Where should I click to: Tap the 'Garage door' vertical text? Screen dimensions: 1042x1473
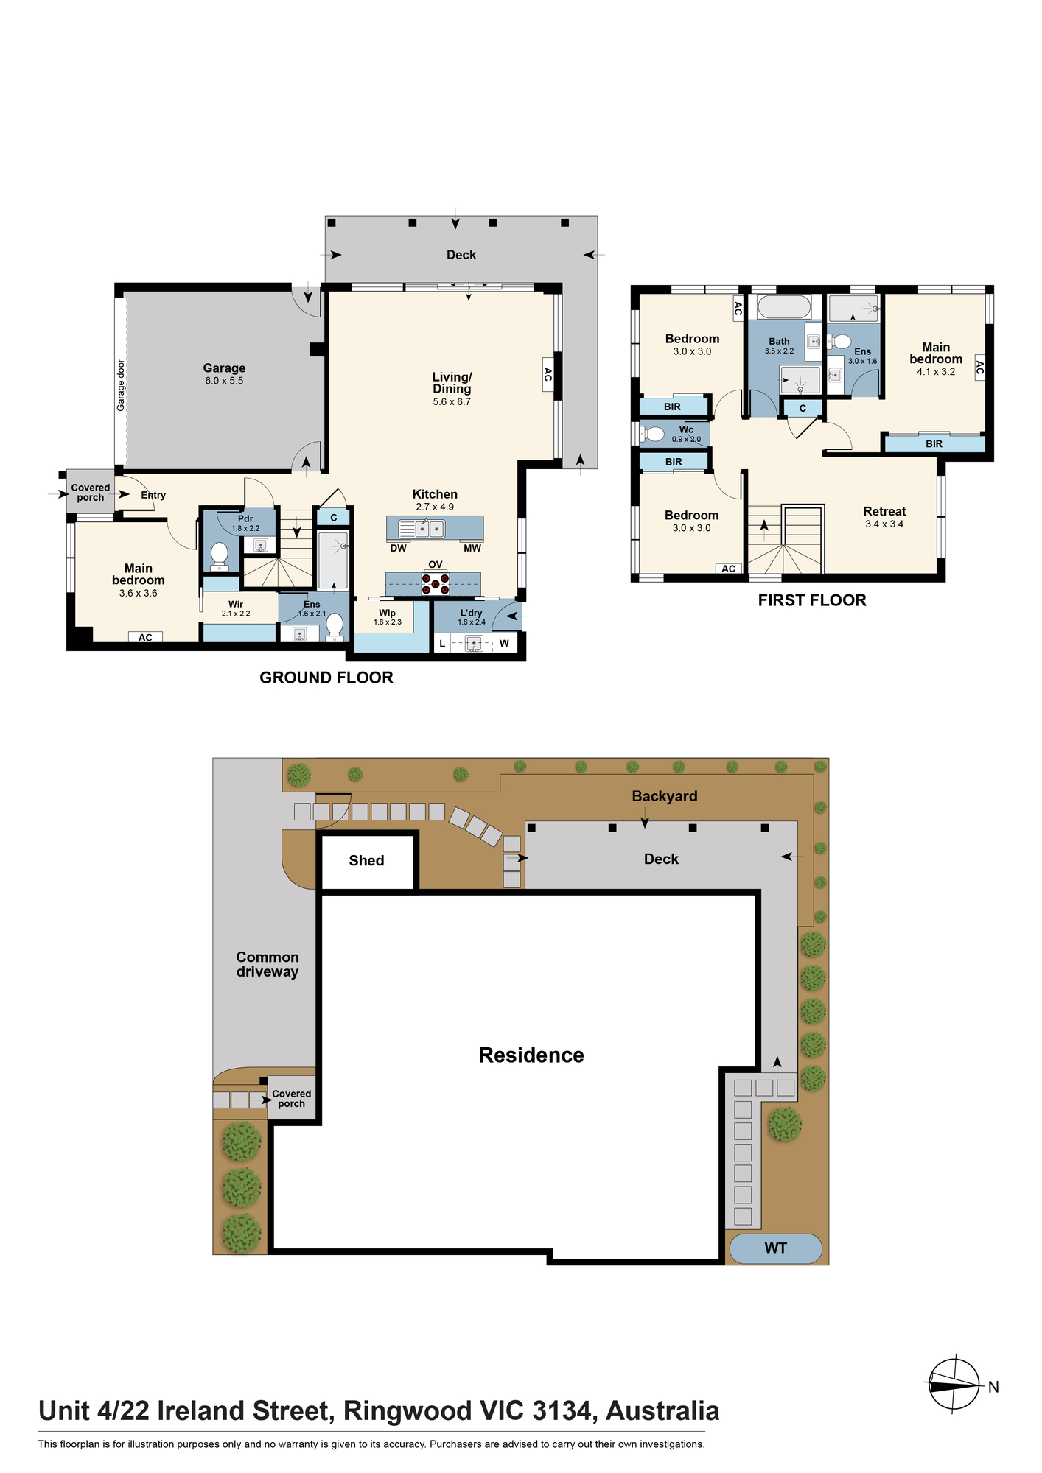121,385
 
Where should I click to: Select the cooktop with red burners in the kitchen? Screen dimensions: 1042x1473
436,584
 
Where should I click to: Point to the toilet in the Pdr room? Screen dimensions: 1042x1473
219,556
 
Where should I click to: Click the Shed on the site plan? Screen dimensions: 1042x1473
367,861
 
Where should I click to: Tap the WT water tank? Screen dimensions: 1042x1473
775,1248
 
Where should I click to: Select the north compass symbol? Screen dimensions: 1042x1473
954,1385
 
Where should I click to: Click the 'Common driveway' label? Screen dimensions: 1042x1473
268,964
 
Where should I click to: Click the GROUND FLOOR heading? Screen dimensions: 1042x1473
326,678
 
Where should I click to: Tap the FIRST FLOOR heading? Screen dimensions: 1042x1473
812,600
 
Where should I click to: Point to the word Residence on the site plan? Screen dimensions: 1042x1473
531,1055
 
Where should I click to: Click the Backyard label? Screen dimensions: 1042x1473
665,796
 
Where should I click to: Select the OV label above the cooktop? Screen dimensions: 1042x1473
436,565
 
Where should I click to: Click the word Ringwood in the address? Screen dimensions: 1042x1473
408,1411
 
